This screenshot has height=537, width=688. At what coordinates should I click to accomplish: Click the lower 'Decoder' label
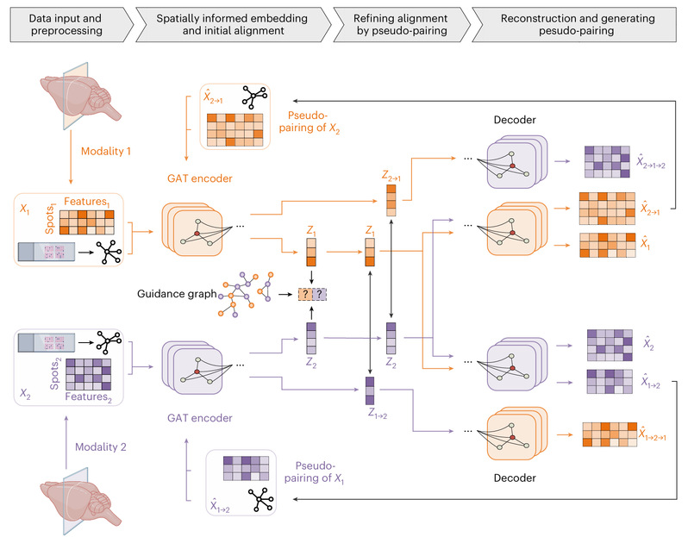pos(519,476)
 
